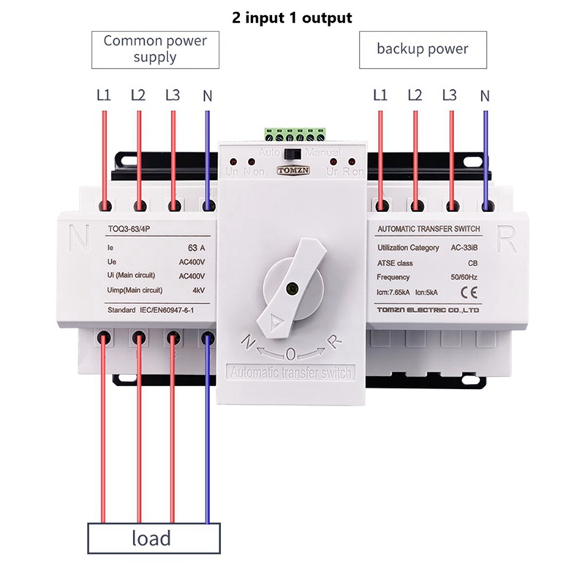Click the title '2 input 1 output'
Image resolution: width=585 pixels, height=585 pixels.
tap(292, 17)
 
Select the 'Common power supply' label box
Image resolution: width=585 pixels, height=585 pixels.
tap(154, 49)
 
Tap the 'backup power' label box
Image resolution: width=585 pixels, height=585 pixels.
tap(422, 49)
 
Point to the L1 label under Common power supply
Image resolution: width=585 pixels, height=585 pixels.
tap(103, 95)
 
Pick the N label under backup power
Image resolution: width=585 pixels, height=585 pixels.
tap(485, 95)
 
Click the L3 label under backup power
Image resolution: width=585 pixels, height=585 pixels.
tap(450, 95)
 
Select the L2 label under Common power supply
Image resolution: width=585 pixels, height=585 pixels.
tap(138, 95)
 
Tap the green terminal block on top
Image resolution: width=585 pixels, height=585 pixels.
tap(292, 135)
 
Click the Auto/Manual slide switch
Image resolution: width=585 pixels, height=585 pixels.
tap(292, 155)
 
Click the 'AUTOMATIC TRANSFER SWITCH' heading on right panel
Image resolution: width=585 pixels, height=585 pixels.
tap(429, 230)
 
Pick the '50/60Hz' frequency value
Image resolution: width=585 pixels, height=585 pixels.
tap(464, 277)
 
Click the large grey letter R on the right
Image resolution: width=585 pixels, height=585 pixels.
tap(506, 236)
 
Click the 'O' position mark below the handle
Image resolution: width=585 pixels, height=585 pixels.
tap(291, 355)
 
